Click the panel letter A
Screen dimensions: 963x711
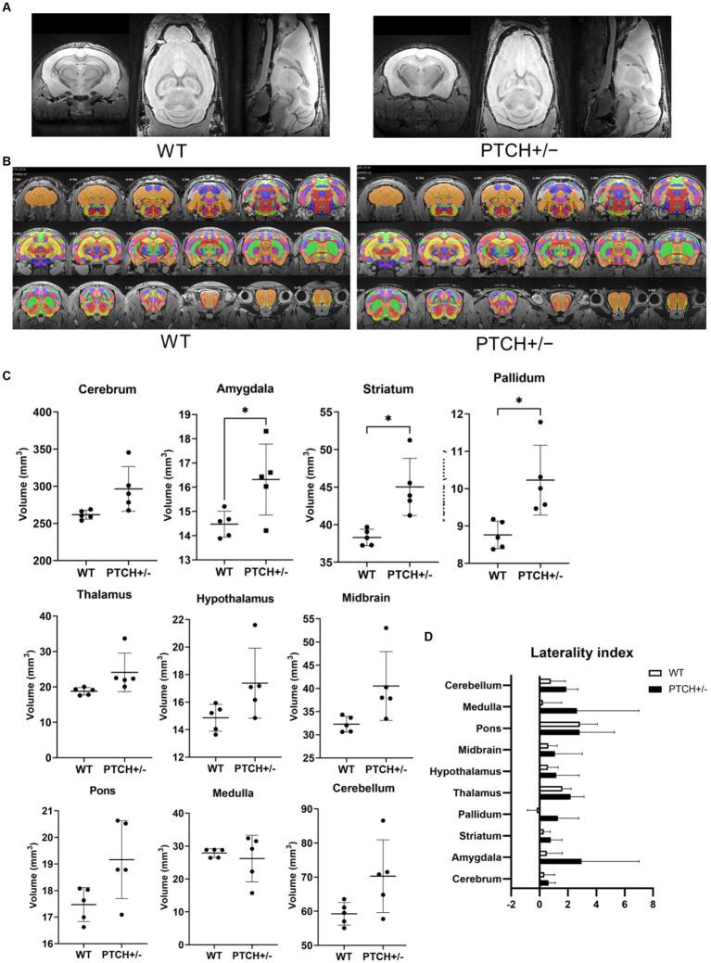[x=6, y=6]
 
